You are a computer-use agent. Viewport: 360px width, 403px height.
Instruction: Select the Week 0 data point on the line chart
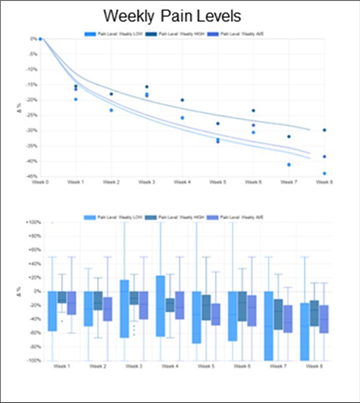[41, 39]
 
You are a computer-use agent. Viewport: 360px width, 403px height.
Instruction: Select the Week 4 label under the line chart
[182, 182]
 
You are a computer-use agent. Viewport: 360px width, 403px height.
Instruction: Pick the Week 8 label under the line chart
[324, 182]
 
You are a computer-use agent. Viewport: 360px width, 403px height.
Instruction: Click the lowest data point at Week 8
[324, 173]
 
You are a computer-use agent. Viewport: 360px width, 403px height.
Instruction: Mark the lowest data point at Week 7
[289, 164]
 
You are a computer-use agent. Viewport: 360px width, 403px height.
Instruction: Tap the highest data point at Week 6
[253, 111]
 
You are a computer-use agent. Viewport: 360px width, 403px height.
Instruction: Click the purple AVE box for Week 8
[324, 319]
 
